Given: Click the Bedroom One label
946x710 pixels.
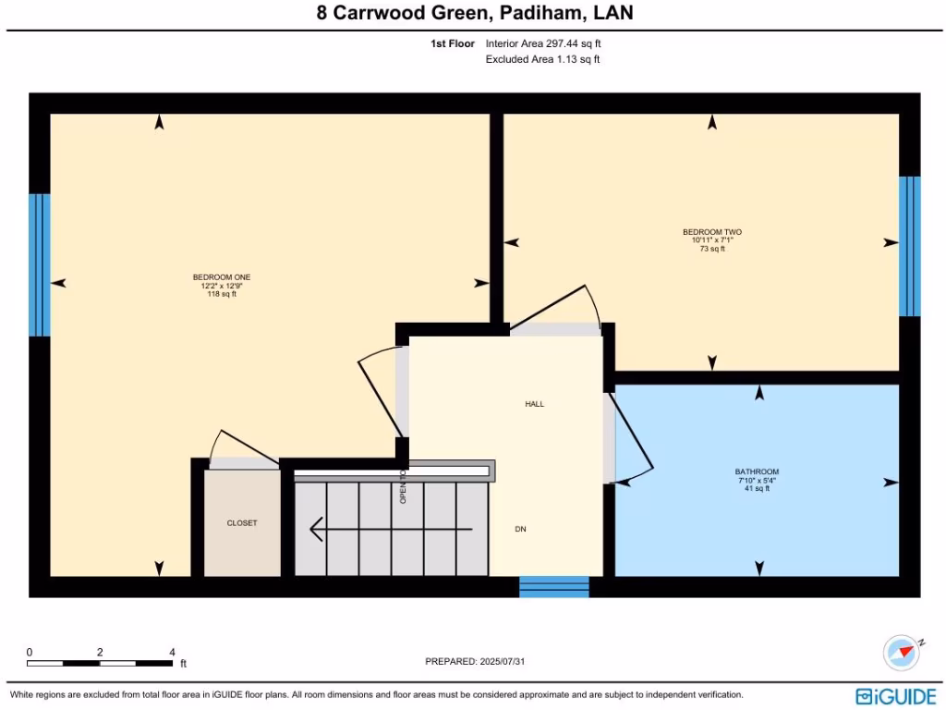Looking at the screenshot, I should click(222, 277).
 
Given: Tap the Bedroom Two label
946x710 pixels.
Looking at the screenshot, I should click(711, 232).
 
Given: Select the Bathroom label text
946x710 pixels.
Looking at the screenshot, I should click(757, 471).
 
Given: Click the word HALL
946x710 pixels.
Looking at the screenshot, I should click(535, 404).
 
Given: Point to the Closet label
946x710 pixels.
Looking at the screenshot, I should click(242, 523).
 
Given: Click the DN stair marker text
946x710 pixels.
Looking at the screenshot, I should click(521, 529).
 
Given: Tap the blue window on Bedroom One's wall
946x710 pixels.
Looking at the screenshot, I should click(39, 264).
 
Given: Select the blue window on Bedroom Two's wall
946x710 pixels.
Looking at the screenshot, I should click(910, 245).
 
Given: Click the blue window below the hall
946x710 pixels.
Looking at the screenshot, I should click(554, 586).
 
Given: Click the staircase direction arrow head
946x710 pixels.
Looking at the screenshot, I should click(316, 529).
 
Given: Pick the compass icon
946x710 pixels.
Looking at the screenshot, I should click(901, 653).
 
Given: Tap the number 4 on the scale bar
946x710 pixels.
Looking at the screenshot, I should click(173, 652).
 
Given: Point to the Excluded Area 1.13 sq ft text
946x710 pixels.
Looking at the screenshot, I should click(543, 60).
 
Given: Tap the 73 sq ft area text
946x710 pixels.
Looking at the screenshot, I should click(711, 249).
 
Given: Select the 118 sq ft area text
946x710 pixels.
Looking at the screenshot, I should click(222, 294).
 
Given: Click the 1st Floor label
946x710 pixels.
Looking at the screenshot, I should click(453, 43).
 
